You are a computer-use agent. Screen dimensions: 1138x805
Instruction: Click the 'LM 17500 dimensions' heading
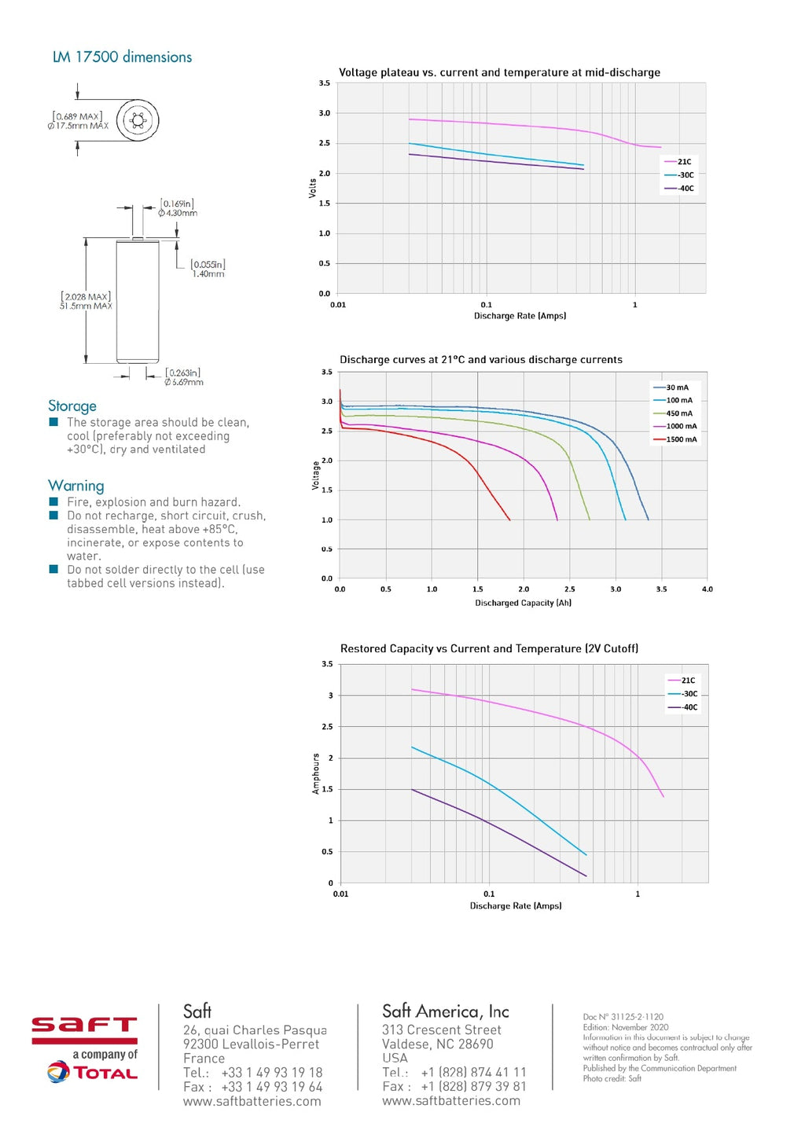click(x=122, y=57)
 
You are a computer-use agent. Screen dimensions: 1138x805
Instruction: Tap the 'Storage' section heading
click(x=72, y=406)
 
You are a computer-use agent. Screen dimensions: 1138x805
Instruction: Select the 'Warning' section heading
click(x=75, y=486)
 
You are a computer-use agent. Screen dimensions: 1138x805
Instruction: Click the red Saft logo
click(x=84, y=1030)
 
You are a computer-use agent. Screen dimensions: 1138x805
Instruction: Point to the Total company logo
click(x=93, y=1073)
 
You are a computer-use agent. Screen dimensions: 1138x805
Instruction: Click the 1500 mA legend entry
click(x=681, y=439)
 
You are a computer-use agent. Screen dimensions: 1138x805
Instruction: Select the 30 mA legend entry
click(x=677, y=387)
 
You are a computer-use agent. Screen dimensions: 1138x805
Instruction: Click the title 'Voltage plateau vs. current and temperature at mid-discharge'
click(x=499, y=72)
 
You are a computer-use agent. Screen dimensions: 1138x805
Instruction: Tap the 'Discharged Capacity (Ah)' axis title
click(x=523, y=603)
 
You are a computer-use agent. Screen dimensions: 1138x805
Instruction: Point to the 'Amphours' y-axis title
click(x=316, y=773)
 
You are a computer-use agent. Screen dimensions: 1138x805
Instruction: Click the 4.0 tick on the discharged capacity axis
click(x=707, y=589)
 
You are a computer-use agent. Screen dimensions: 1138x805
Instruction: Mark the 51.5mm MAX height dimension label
click(x=86, y=307)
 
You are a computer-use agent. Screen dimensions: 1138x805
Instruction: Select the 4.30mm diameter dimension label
click(x=178, y=213)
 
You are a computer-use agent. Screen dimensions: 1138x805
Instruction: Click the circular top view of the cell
click(x=138, y=120)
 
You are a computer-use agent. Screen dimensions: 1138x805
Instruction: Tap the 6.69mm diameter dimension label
click(x=183, y=382)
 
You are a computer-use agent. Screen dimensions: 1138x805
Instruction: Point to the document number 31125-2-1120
click(x=623, y=1016)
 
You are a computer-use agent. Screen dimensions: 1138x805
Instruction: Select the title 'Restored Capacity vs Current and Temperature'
click(x=489, y=648)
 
